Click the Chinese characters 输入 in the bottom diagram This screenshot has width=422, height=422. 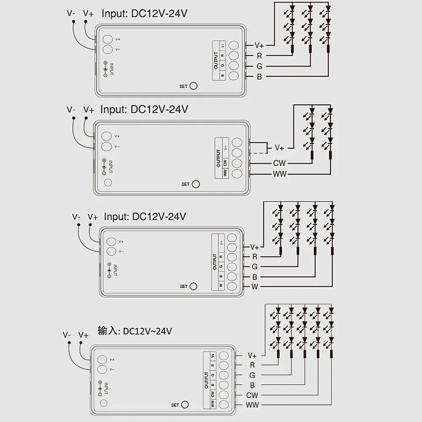coord(107,330)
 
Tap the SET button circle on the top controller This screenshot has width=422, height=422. coord(194,86)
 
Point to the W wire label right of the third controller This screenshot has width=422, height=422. coord(254,287)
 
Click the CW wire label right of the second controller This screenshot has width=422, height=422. coord(279,163)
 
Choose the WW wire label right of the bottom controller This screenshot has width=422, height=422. coord(252,405)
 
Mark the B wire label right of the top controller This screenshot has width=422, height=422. coord(259,77)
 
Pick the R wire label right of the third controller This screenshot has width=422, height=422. coord(254,257)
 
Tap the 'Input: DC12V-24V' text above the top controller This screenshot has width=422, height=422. coord(144,14)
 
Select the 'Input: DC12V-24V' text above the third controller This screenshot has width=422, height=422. coord(145,217)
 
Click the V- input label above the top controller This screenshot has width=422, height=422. coord(71,13)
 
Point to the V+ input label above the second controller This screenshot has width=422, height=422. coord(89,110)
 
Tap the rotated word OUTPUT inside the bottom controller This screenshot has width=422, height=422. coord(206,380)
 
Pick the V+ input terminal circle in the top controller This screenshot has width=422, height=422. coord(108,39)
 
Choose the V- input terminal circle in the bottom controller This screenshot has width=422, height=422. coord(102,370)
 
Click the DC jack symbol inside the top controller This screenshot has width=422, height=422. coord(105,69)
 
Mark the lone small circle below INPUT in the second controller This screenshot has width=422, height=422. coord(108,182)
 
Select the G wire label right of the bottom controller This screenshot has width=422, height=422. coord(252,375)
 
